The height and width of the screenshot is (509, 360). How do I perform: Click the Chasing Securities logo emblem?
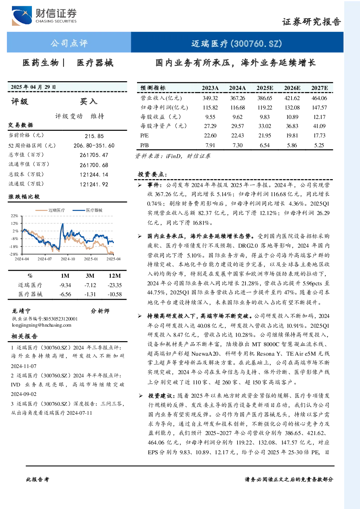tap(22, 16)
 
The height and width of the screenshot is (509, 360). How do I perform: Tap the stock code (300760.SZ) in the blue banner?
tap(256, 44)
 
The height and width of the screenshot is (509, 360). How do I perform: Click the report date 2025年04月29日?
tap(33, 87)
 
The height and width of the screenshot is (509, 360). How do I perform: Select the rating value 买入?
tap(88, 102)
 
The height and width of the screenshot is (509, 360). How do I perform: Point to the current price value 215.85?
tap(94, 136)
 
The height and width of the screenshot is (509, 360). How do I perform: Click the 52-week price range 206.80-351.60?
tap(94, 145)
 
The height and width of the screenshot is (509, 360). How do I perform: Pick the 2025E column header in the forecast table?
tap(265, 88)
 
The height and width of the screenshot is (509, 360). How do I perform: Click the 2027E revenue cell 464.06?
tap(319, 98)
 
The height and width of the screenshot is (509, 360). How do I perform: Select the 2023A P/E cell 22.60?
tap(210, 136)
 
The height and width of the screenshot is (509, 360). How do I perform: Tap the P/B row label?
tap(145, 145)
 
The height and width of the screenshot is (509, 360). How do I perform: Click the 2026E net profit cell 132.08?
tap(292, 107)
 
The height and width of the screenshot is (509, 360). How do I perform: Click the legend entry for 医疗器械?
tap(87, 210)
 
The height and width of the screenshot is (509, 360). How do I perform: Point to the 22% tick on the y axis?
tap(14, 216)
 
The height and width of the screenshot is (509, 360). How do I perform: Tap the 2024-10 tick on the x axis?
tap(68, 259)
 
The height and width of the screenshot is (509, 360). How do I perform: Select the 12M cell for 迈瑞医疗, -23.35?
tap(115, 285)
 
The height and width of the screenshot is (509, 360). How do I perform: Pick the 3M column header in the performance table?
tap(90, 276)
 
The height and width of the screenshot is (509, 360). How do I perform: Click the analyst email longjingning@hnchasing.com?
tap(42, 325)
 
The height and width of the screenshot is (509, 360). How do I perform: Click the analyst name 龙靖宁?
tap(21, 311)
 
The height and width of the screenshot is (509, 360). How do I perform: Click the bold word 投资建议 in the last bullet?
tap(161, 396)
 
